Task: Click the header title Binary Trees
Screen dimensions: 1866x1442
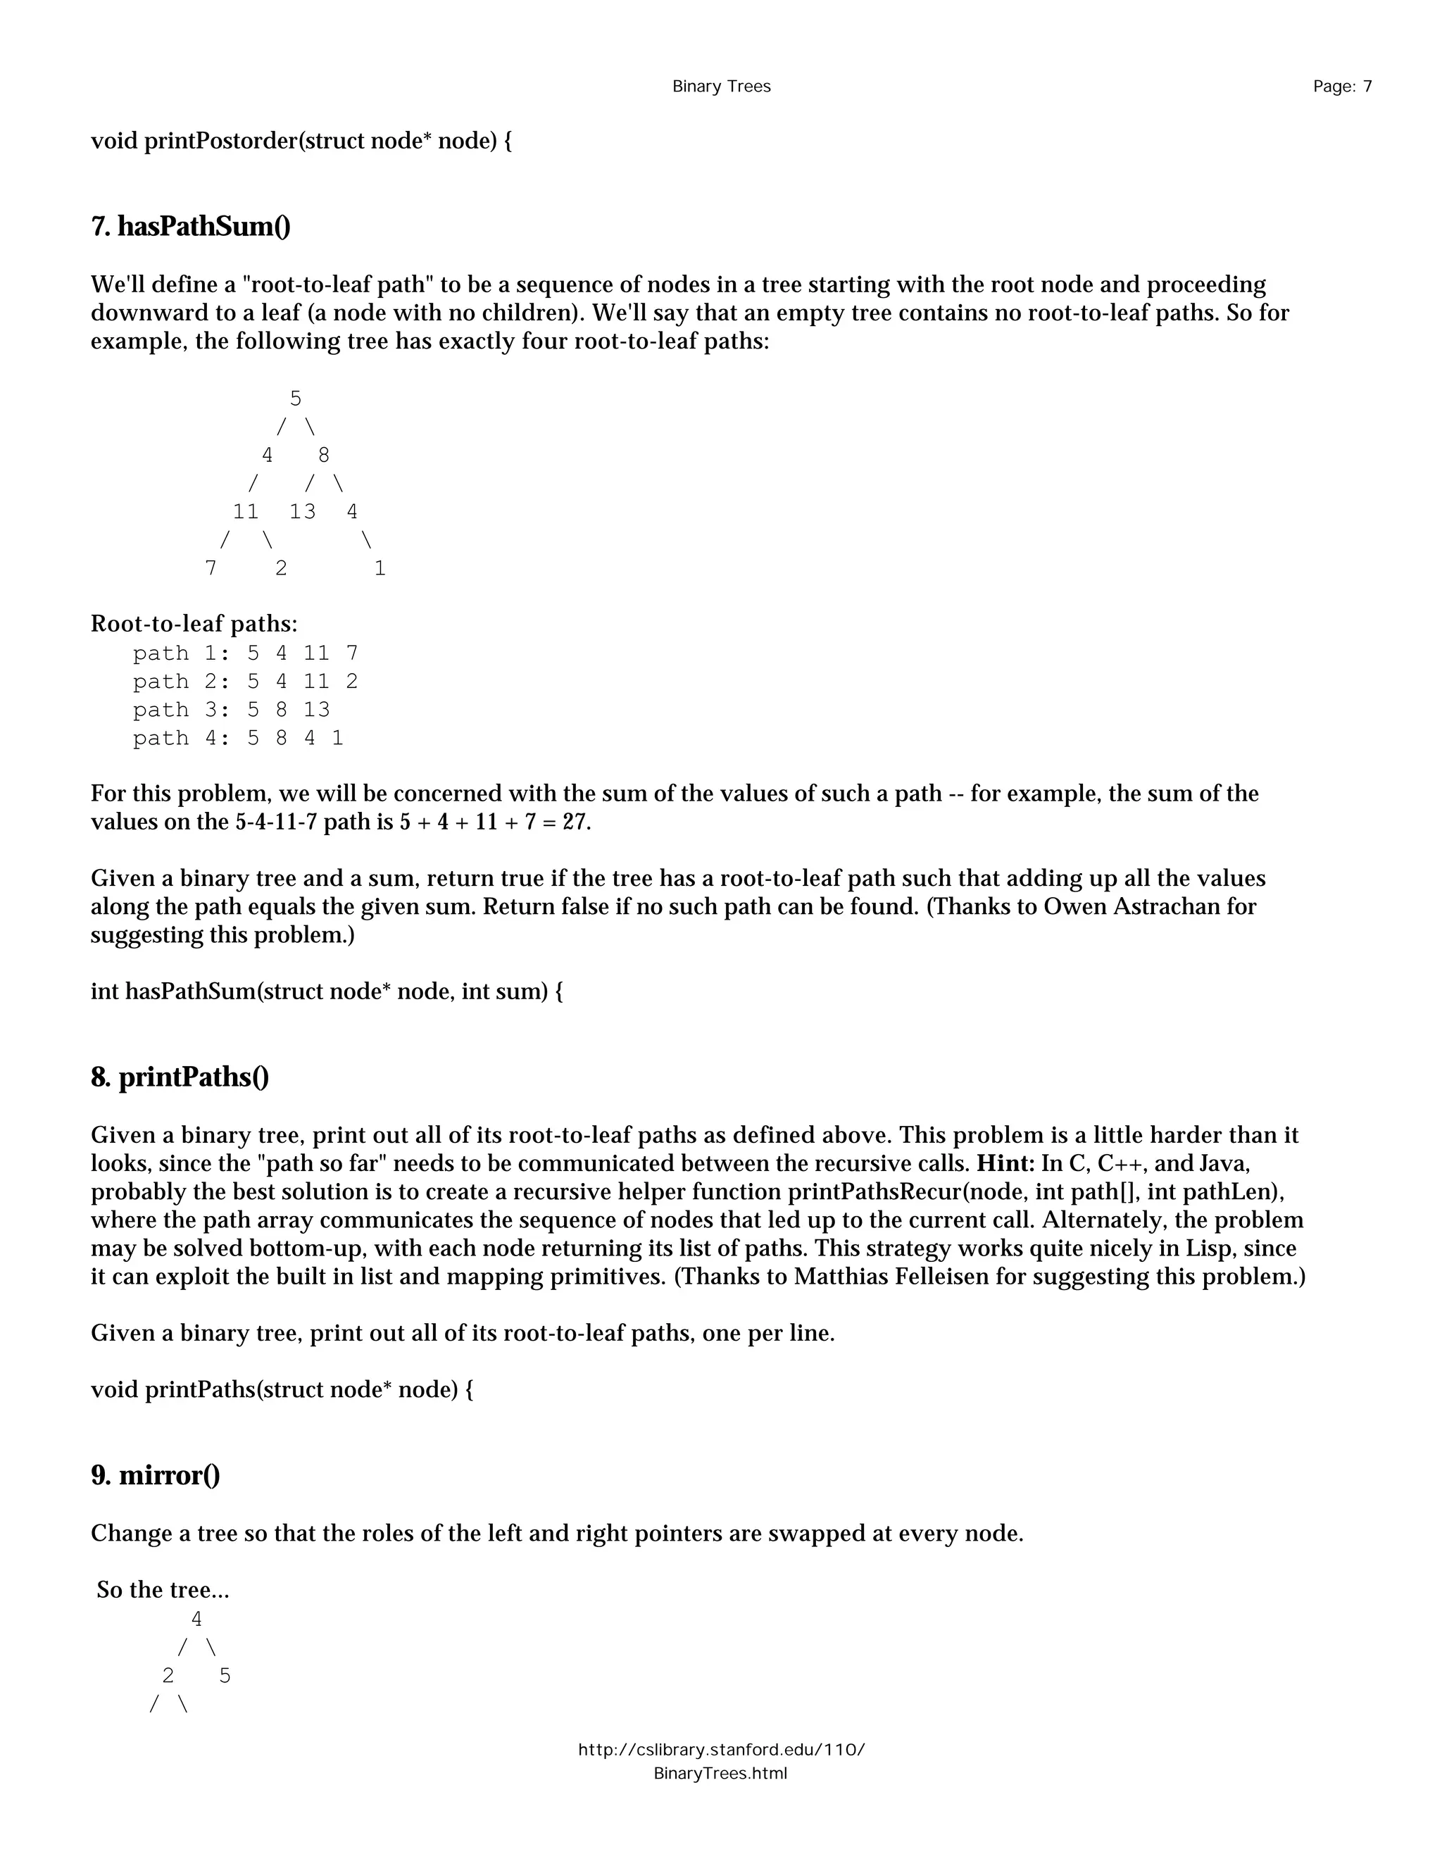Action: [x=721, y=87]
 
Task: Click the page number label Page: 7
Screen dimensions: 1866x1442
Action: [x=1342, y=87]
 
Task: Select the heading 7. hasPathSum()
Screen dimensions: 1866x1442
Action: [x=191, y=227]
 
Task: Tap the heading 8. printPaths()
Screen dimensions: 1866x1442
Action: [x=180, y=1077]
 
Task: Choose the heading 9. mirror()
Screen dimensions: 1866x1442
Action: [x=156, y=1475]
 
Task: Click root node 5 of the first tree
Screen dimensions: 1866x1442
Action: [x=296, y=399]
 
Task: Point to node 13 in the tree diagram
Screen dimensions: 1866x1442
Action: [x=302, y=512]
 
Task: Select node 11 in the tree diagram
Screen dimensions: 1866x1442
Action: [x=246, y=512]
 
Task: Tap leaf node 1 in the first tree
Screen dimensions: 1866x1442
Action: [x=380, y=568]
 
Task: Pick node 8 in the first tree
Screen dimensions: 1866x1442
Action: [x=324, y=456]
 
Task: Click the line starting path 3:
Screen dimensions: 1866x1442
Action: [x=231, y=710]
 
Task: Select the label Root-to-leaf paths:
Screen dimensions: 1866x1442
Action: [x=194, y=625]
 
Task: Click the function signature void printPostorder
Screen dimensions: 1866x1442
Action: [x=301, y=141]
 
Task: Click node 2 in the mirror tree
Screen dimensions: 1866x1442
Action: [x=168, y=1675]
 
